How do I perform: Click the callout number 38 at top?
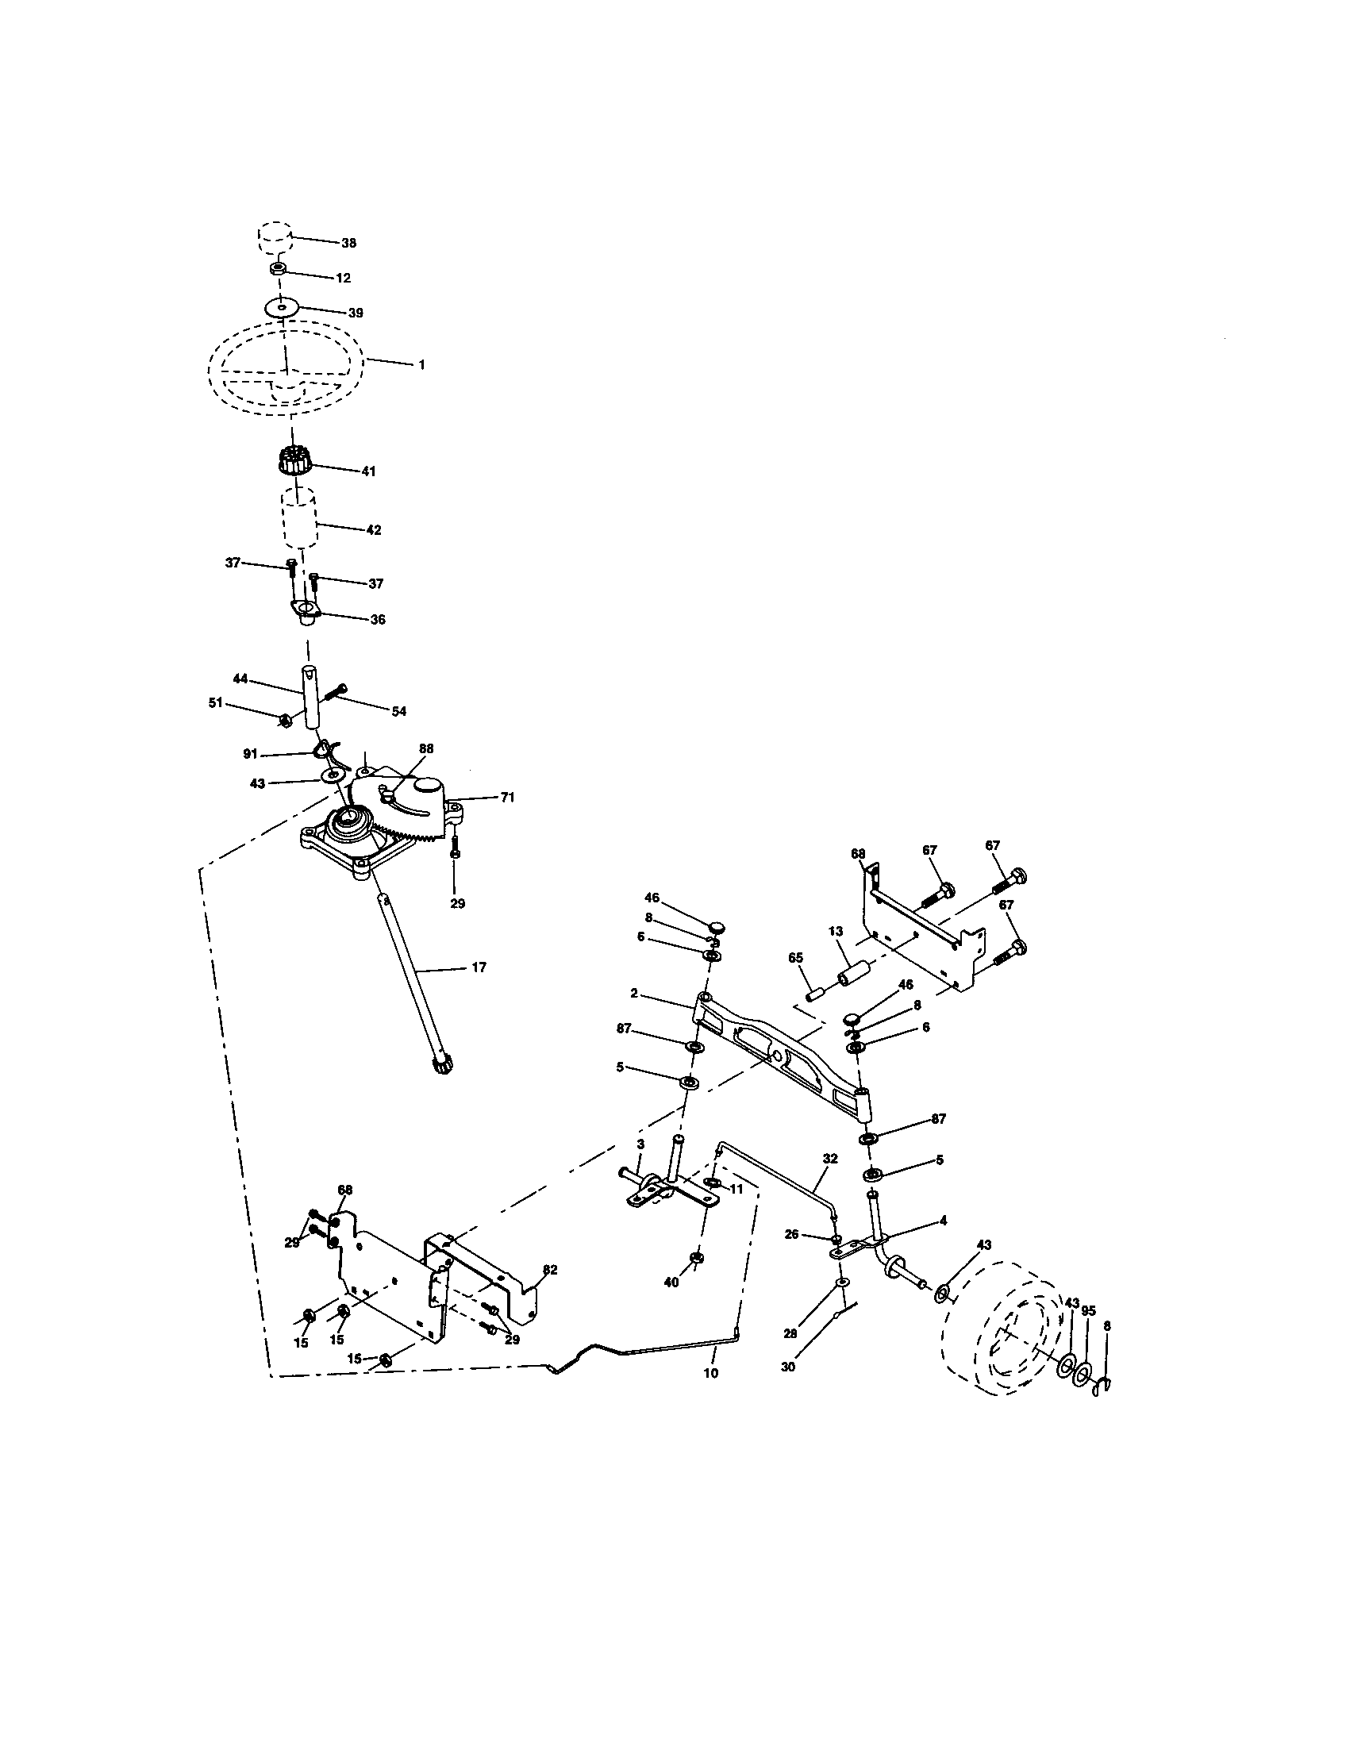click(348, 243)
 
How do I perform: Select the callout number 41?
click(367, 471)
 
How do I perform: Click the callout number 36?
click(377, 620)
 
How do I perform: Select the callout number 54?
click(398, 711)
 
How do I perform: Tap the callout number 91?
click(251, 753)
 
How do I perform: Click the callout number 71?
click(507, 797)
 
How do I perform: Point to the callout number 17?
click(479, 967)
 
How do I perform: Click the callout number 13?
click(835, 932)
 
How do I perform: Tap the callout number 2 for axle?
click(634, 993)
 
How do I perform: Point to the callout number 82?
click(550, 1270)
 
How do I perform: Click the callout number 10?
click(710, 1374)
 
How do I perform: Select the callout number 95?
click(1088, 1311)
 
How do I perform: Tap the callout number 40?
click(671, 1283)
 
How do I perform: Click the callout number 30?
click(788, 1368)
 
